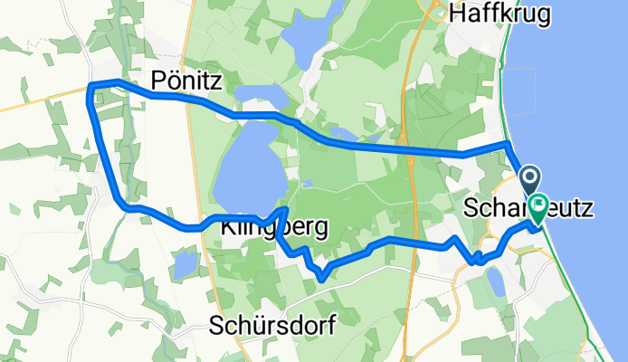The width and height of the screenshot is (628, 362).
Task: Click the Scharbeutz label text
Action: point(529,208)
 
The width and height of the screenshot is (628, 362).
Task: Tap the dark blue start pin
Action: point(529,180)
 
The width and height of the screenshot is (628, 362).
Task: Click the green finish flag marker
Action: point(538,209)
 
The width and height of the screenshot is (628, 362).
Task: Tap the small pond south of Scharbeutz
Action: point(495,281)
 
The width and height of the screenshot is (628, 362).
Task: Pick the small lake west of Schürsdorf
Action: point(186,264)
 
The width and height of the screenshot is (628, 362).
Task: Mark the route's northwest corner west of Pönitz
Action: point(90,86)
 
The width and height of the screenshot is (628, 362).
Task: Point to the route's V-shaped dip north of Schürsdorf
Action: point(320,276)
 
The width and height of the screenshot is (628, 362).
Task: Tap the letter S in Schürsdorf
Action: point(216,324)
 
